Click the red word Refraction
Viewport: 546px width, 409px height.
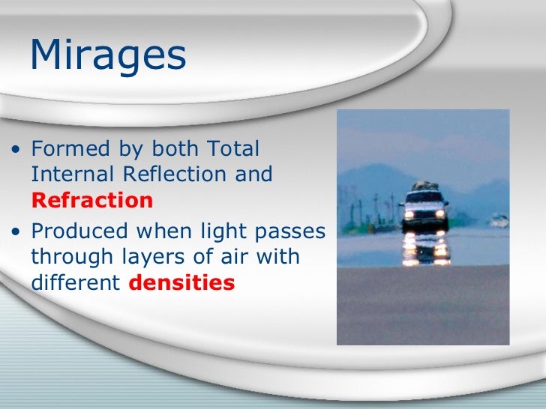(92, 201)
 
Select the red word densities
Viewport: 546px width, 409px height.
(190, 284)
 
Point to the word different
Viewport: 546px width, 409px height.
(73, 284)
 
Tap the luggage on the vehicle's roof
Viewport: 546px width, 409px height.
(424, 185)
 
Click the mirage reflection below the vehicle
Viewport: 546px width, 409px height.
(425, 249)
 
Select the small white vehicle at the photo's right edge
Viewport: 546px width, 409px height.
(499, 220)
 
